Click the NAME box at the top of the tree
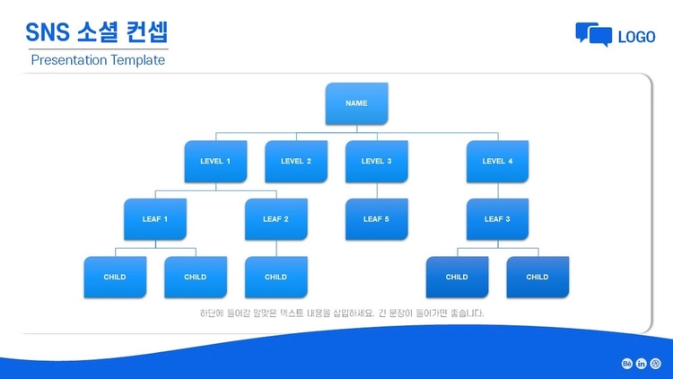point(356,103)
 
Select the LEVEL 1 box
point(215,162)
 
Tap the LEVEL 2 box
point(296,162)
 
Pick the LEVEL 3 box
point(376,162)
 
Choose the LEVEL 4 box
point(497,162)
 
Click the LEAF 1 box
point(155,219)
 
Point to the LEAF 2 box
point(276,219)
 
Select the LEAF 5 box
point(376,219)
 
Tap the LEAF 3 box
point(497,219)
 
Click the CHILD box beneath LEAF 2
point(276,278)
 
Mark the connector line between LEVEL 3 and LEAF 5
point(377,190)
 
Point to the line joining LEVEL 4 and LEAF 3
point(498,190)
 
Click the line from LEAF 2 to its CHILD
point(276,249)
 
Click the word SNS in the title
point(48,32)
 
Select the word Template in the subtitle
point(136,60)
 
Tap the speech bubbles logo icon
point(594,34)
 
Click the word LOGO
point(636,37)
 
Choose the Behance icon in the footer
point(626,364)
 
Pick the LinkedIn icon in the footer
point(641,364)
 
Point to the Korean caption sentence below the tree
point(342,313)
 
